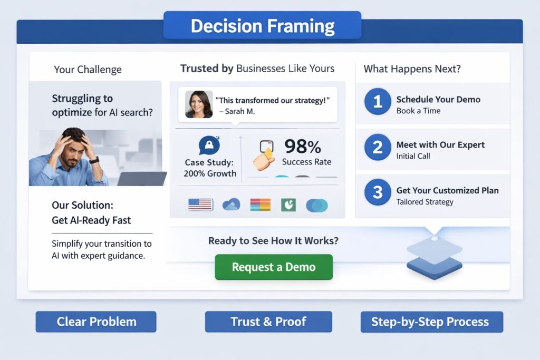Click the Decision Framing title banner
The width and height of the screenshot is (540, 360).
[262, 25]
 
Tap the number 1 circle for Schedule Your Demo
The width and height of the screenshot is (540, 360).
[378, 102]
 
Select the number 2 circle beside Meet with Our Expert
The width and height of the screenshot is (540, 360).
[378, 147]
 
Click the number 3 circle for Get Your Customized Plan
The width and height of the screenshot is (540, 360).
[378, 192]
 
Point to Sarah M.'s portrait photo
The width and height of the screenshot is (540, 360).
[199, 104]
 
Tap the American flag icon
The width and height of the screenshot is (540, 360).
[200, 205]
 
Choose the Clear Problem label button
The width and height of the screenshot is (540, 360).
[96, 322]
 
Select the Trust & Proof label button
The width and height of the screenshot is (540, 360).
[268, 322]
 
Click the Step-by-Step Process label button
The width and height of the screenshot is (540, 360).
[431, 322]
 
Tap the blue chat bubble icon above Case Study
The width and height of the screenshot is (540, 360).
[209, 145]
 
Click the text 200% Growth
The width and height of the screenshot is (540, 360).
[210, 173]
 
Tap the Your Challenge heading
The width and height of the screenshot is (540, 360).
[88, 70]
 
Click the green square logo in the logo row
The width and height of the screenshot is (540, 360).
[288, 205]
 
